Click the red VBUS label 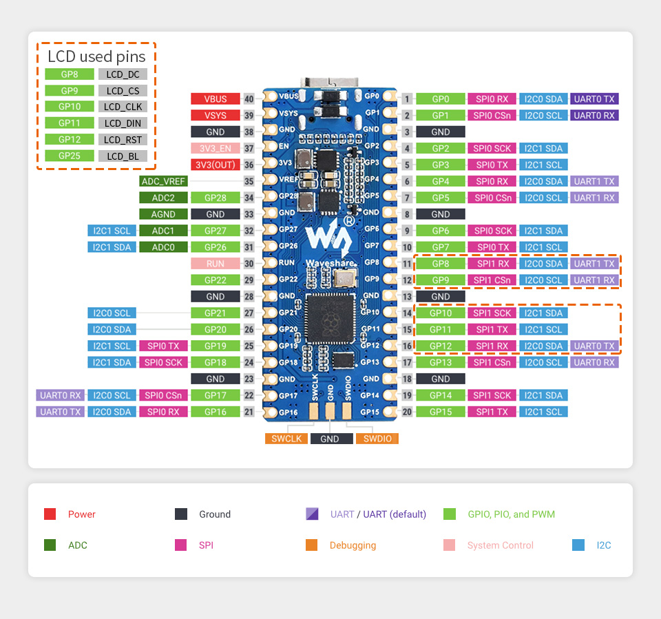click(x=215, y=98)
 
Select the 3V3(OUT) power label click(x=215, y=165)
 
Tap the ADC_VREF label click(x=163, y=181)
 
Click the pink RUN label click(x=215, y=264)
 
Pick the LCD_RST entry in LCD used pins click(x=123, y=139)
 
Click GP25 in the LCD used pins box click(x=70, y=156)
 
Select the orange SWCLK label click(x=286, y=439)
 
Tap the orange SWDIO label click(x=377, y=439)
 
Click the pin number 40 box click(x=249, y=98)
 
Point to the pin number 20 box click(x=407, y=412)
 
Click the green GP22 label click(x=215, y=280)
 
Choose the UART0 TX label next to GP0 click(x=594, y=98)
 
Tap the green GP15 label click(x=441, y=412)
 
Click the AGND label click(x=163, y=214)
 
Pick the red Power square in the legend click(x=50, y=514)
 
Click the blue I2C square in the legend click(x=578, y=545)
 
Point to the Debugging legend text click(x=353, y=545)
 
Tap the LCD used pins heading click(x=96, y=56)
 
